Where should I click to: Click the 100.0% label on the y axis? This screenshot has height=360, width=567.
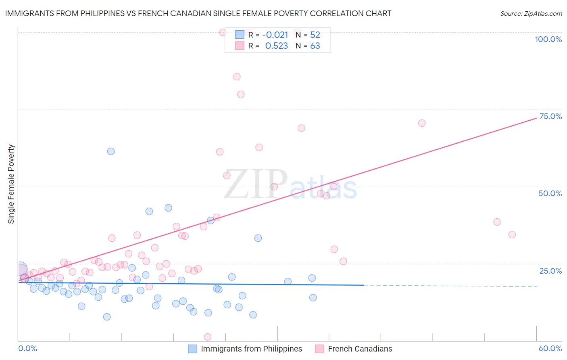(x=548, y=39)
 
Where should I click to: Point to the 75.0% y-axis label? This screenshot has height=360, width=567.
(x=550, y=116)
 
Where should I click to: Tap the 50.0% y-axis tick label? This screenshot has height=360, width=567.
(x=550, y=193)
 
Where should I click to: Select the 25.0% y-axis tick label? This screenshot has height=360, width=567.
(x=550, y=271)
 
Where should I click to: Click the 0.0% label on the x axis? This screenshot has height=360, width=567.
(x=27, y=348)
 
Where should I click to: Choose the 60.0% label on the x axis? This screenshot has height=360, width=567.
(x=550, y=348)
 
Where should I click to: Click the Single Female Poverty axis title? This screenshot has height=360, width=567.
(x=11, y=184)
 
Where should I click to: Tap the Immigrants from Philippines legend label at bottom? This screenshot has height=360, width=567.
(x=251, y=349)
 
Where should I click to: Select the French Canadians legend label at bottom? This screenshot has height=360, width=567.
(x=360, y=349)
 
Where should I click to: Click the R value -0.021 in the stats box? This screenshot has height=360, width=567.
(x=275, y=35)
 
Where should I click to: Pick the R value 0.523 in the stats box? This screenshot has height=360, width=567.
(x=276, y=46)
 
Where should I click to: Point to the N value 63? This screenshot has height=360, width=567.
(x=315, y=46)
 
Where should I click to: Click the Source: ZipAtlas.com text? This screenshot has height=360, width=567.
(x=531, y=14)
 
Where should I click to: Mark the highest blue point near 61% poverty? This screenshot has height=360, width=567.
(x=111, y=151)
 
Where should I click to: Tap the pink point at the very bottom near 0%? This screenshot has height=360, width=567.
(x=208, y=337)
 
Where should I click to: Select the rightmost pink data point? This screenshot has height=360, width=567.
(x=512, y=234)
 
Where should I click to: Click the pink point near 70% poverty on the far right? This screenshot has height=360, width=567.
(x=422, y=123)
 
